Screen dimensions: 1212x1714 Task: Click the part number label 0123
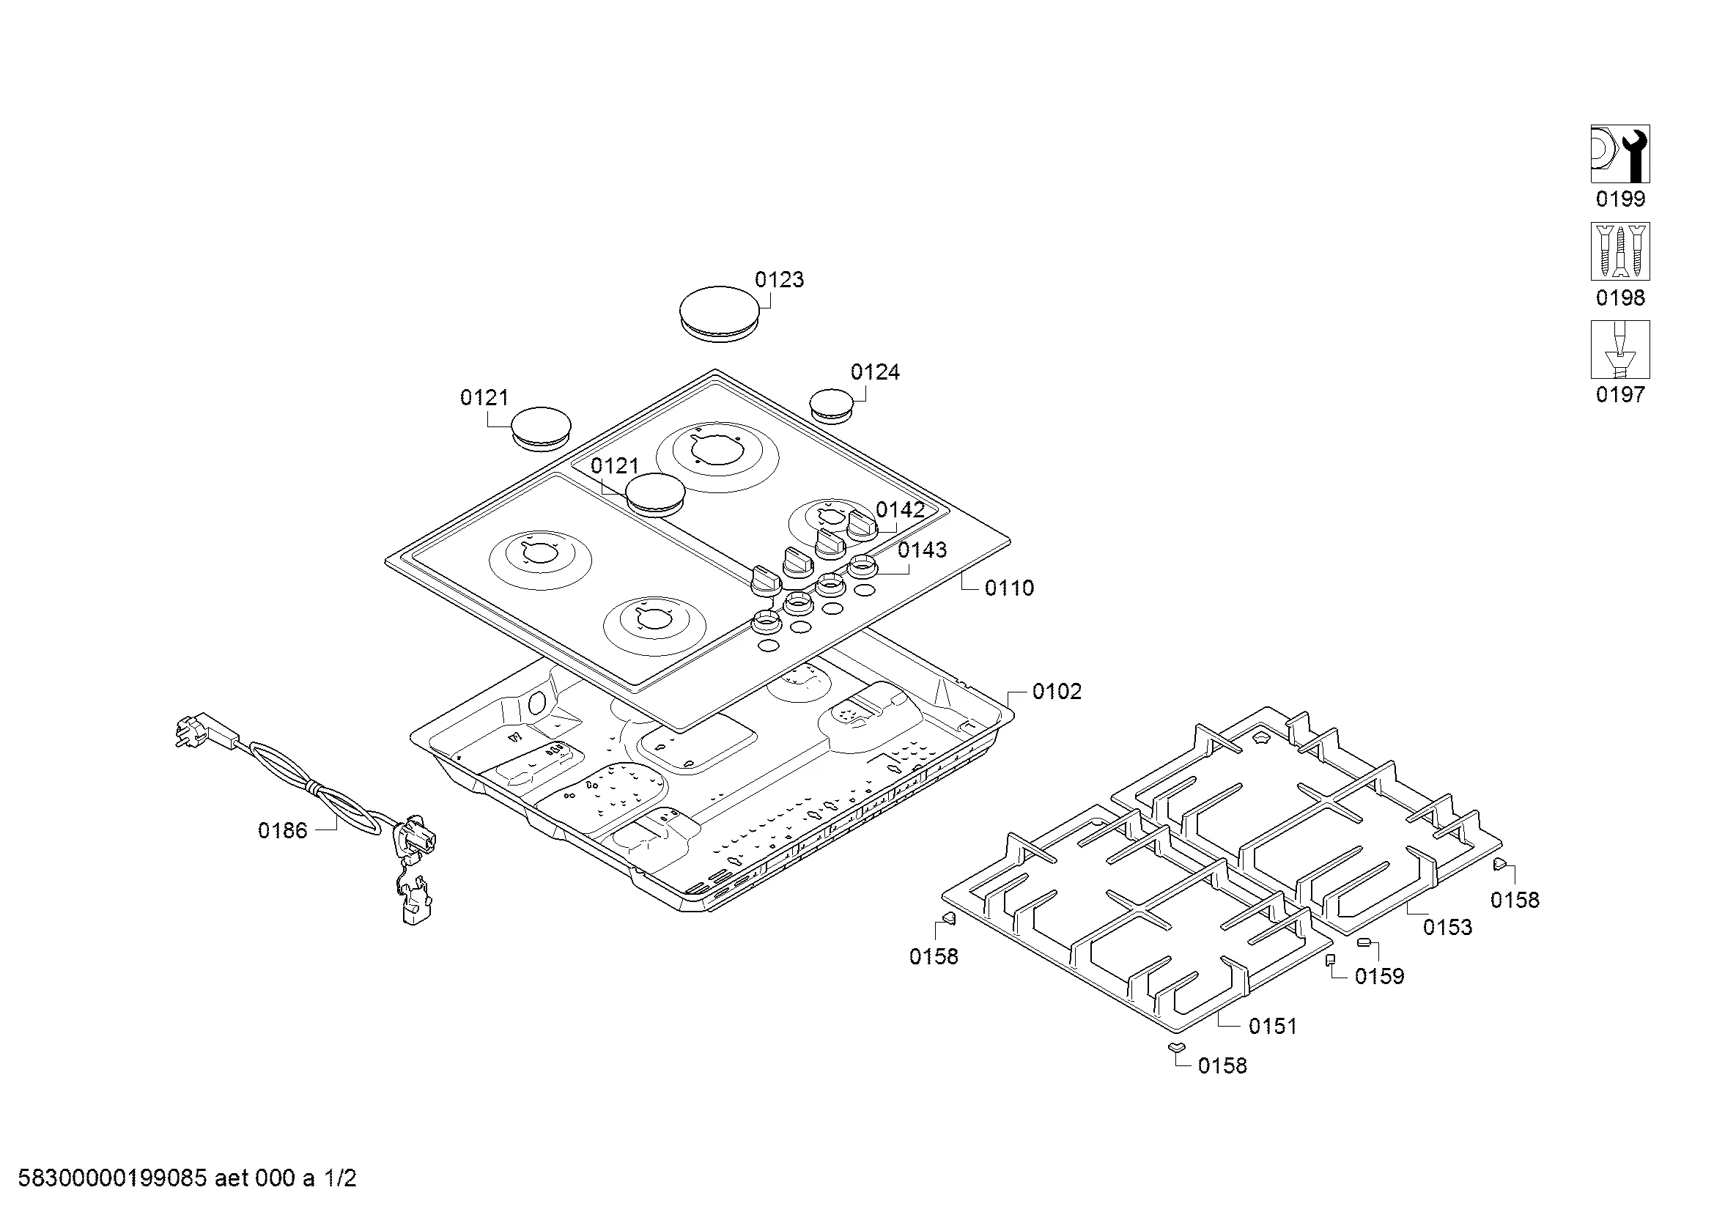[x=779, y=280]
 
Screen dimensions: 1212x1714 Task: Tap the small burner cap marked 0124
[x=831, y=404]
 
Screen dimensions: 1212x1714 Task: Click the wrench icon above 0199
[x=1620, y=154]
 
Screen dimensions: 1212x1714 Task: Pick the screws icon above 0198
[x=1620, y=251]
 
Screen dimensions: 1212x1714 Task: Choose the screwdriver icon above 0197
[x=1620, y=350]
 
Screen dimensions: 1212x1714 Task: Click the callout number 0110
[x=1009, y=588]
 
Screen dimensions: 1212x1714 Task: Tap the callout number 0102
[x=1057, y=692]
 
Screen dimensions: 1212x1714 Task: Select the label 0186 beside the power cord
[x=282, y=831]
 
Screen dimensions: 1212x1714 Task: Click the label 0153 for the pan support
[x=1447, y=928]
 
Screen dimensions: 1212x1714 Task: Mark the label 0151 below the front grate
[x=1273, y=1027]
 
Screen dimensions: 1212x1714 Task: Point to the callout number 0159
[x=1379, y=977]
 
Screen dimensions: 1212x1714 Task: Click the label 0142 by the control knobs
[x=901, y=510]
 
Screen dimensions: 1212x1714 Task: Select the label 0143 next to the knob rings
[x=922, y=550]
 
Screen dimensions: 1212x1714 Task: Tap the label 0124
[x=875, y=372]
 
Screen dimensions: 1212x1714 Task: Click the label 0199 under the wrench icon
[x=1620, y=199]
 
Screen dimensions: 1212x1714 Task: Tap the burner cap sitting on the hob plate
[x=654, y=494]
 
